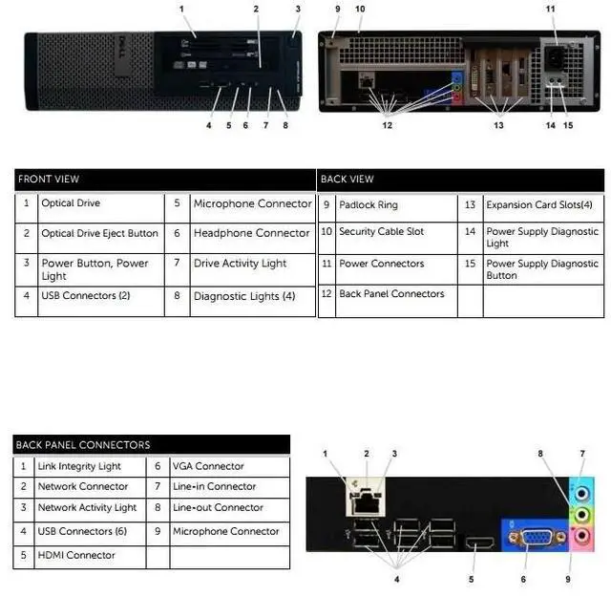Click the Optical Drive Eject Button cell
tap(99, 234)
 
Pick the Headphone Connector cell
tap(251, 233)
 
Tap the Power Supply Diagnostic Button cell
tap(541, 269)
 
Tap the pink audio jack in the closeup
tap(578, 535)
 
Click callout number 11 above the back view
tap(551, 9)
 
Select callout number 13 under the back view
tap(497, 125)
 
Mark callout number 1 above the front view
tap(181, 9)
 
